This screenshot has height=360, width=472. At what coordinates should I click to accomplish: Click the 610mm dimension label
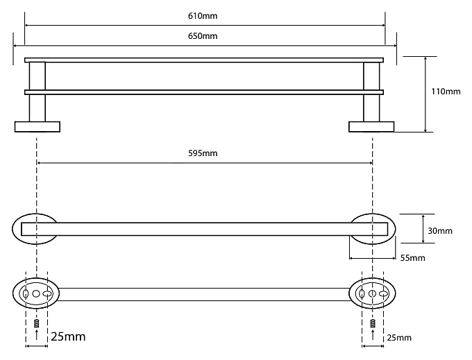[205, 15]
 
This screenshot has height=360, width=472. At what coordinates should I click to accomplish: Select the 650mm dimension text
[205, 36]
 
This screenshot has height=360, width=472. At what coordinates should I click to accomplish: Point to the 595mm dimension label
[205, 153]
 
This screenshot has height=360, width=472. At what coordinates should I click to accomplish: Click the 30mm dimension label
[440, 230]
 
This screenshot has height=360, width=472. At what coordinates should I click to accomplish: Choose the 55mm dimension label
[412, 258]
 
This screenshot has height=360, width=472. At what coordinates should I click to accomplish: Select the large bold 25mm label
[68, 337]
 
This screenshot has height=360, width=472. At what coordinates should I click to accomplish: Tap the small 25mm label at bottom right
[400, 338]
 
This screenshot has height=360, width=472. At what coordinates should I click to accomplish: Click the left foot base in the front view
[37, 126]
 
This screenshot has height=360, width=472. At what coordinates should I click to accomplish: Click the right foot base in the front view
[371, 126]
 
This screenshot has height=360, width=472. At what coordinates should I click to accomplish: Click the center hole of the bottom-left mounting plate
[36, 295]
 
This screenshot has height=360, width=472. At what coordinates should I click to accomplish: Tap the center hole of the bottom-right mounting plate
[372, 295]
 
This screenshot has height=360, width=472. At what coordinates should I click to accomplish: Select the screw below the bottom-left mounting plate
[36, 323]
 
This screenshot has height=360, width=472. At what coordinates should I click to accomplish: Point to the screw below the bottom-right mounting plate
[372, 323]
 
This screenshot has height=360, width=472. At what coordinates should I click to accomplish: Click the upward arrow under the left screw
[36, 336]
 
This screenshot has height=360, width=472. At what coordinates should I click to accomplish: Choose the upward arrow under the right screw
[372, 336]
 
